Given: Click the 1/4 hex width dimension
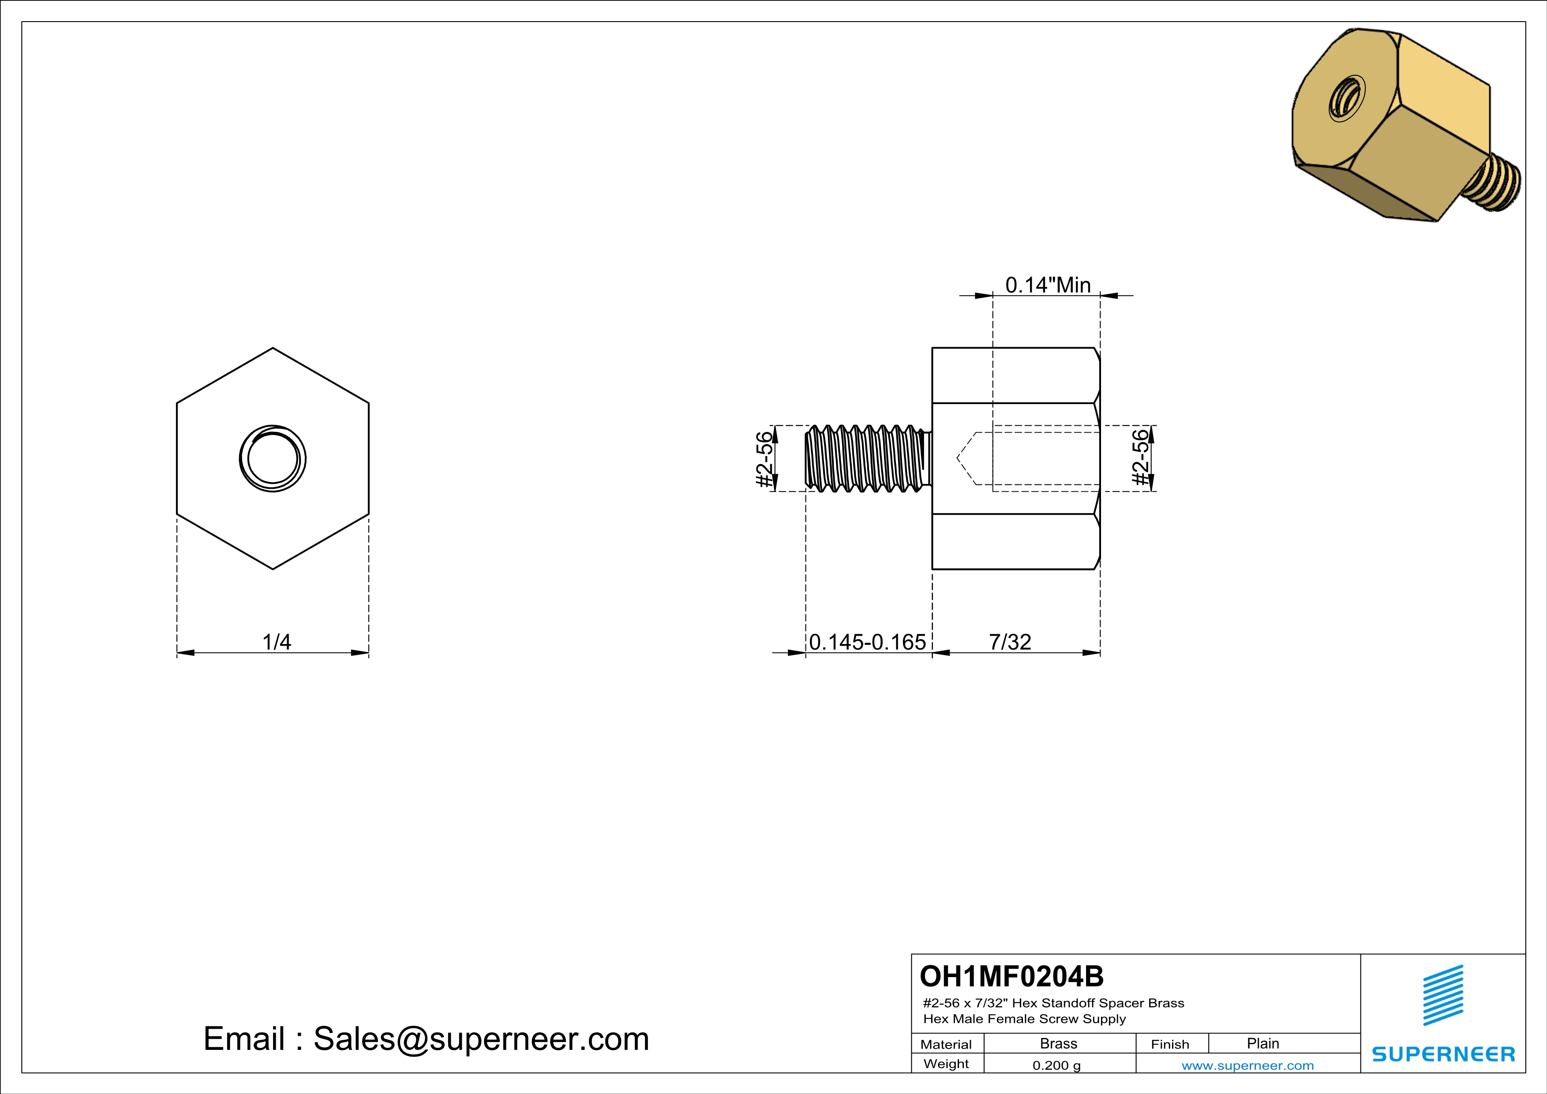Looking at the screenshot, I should click(x=276, y=642).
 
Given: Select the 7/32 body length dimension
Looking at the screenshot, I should click(x=1009, y=642).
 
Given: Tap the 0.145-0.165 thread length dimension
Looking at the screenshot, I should click(x=867, y=642).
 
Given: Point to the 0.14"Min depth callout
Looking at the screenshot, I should click(x=1048, y=285).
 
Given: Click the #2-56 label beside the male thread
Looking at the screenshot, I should click(x=764, y=459).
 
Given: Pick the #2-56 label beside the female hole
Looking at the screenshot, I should click(x=1139, y=457).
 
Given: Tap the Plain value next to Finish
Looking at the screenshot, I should click(x=1262, y=1043).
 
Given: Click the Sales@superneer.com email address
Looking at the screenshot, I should click(x=481, y=1039).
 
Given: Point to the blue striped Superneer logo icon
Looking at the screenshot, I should click(x=1442, y=995).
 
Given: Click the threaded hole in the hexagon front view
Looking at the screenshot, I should click(x=273, y=459).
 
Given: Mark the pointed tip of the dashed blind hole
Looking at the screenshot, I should click(x=957, y=459).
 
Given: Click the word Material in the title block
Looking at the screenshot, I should click(x=946, y=1044).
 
